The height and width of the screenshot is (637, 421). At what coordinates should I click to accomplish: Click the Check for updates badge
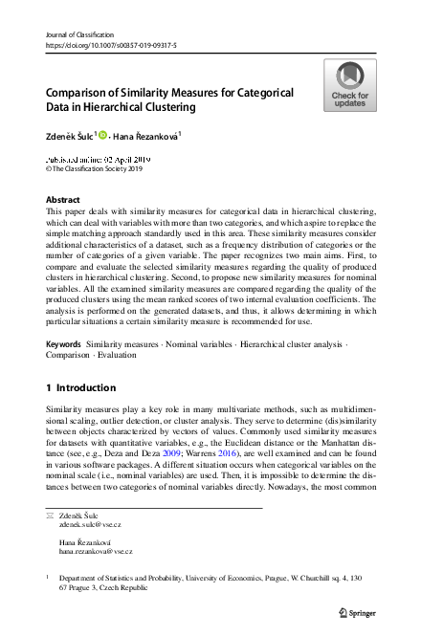tap(349, 85)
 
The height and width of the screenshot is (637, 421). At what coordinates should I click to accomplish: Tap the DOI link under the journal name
tap(110, 45)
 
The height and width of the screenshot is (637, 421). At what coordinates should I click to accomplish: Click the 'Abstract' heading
tap(63, 200)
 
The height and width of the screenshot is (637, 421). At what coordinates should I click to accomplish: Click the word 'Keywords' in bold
tap(63, 342)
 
